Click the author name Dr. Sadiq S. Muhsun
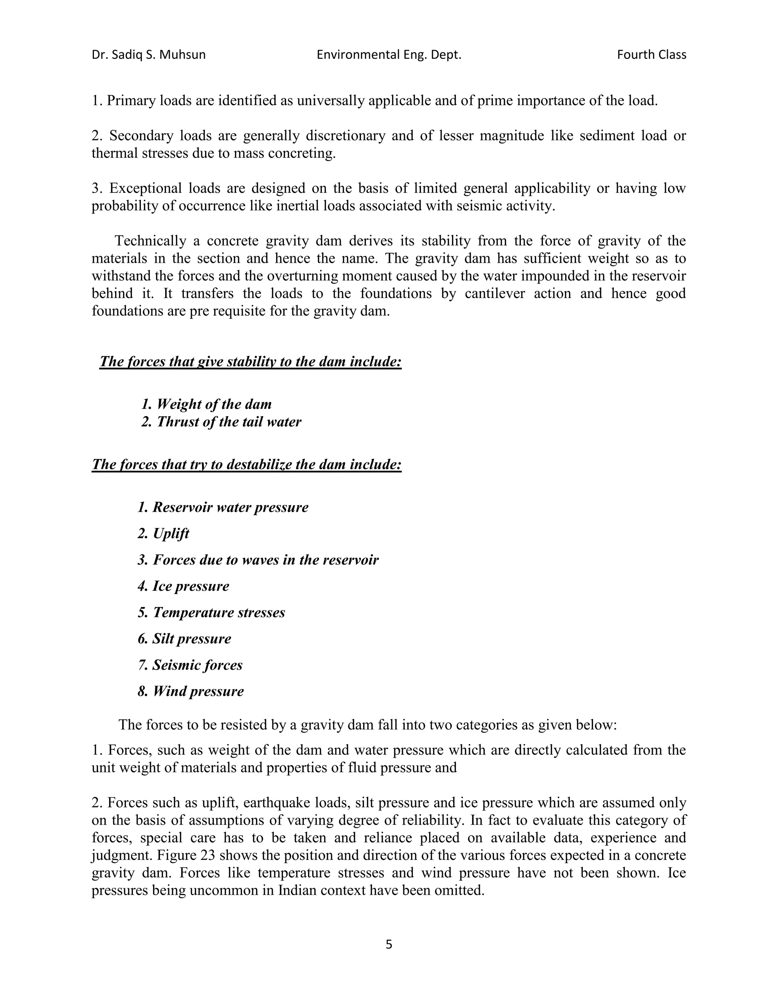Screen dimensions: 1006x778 (x=149, y=55)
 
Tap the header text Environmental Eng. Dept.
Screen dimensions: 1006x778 (x=389, y=55)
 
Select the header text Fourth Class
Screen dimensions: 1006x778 (x=651, y=55)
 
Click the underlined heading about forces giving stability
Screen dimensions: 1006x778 (x=250, y=361)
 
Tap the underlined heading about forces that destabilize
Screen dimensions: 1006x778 (x=247, y=464)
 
